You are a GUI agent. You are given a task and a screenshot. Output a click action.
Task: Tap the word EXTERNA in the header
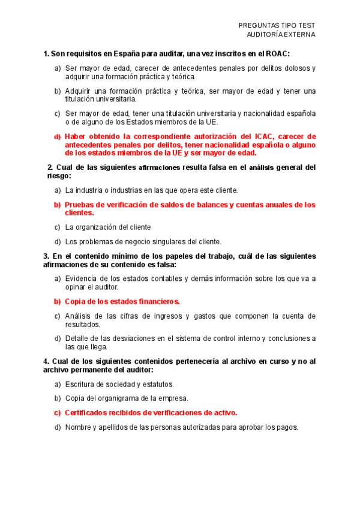pos(297,34)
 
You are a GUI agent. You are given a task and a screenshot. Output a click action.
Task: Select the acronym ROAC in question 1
pos(277,53)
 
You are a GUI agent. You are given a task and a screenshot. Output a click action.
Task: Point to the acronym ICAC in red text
pos(262,136)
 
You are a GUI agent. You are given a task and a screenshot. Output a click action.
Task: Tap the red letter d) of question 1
pos(58,136)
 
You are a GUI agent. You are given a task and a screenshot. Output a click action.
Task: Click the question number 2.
pos(50,167)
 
